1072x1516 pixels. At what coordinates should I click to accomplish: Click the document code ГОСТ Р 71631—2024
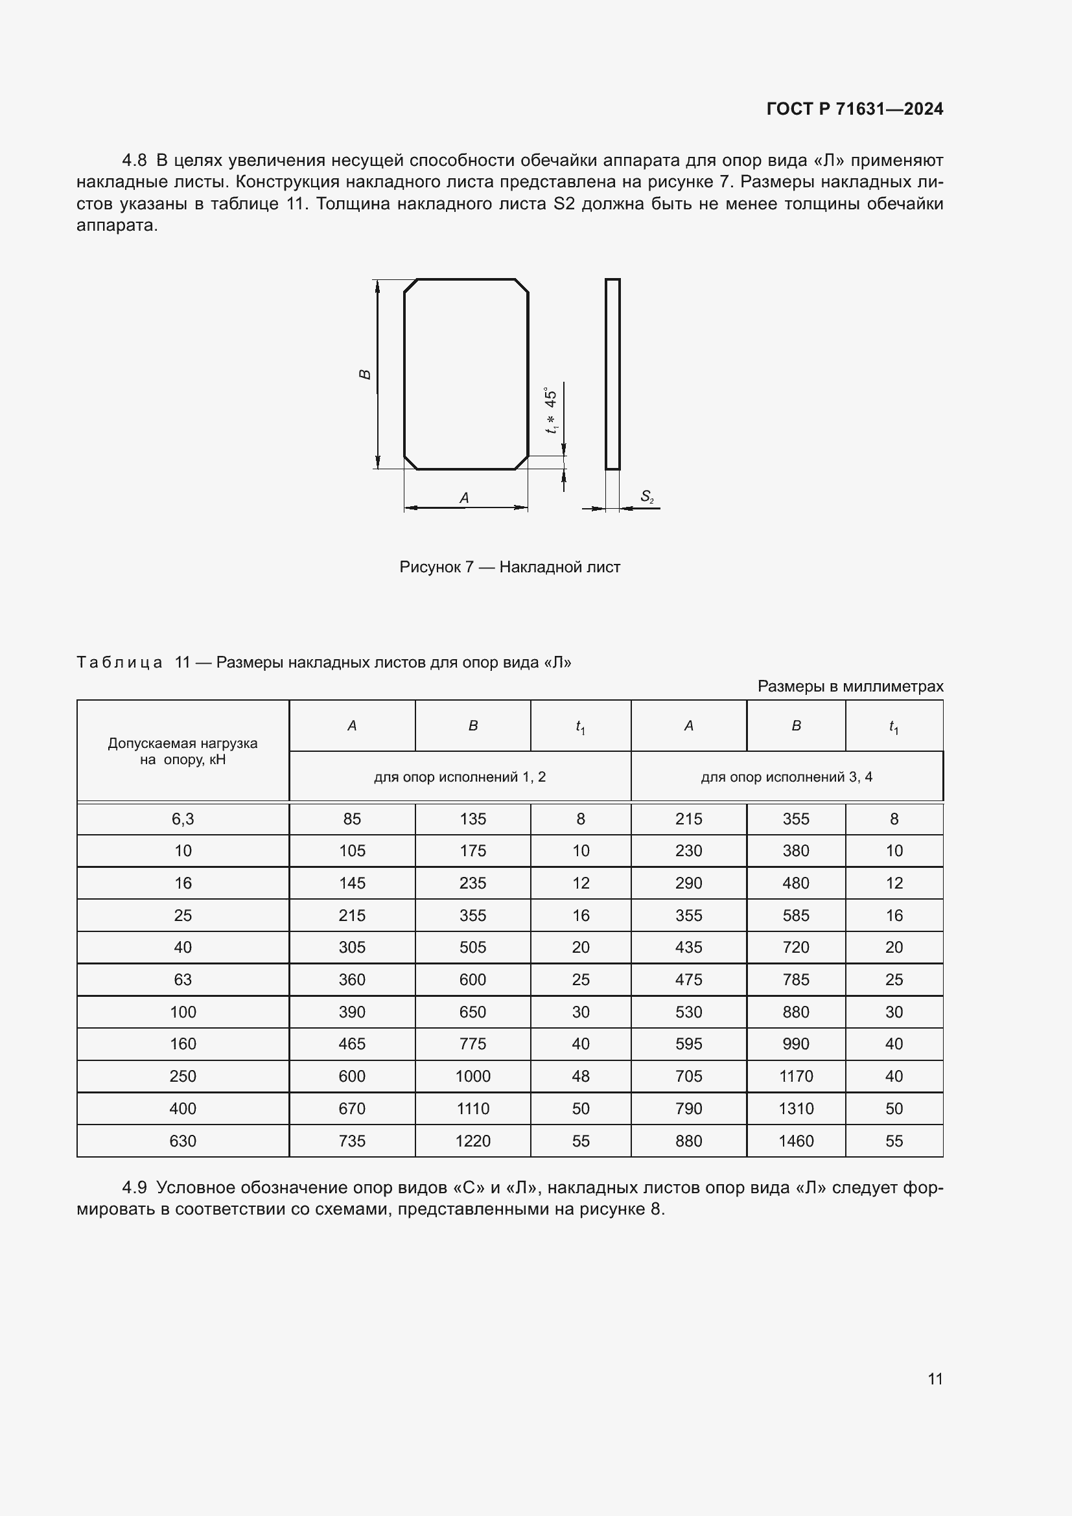click(x=854, y=109)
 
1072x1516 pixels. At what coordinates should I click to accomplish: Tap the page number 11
click(x=935, y=1379)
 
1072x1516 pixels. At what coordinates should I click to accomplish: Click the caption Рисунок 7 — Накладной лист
click(x=509, y=567)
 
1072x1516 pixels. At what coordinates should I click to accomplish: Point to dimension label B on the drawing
click(x=364, y=375)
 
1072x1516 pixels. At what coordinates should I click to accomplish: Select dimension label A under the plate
click(x=464, y=498)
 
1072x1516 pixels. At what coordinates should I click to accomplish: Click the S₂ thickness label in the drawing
click(x=646, y=496)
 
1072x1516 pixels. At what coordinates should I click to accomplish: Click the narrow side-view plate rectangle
click(x=612, y=375)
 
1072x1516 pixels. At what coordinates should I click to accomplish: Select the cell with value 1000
click(x=472, y=1077)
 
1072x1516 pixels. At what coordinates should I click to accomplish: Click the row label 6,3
click(x=183, y=819)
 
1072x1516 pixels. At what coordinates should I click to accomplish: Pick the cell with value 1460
click(x=795, y=1141)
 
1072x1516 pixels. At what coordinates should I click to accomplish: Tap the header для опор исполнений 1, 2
click(x=460, y=777)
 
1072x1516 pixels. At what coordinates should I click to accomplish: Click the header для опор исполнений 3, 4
click(x=786, y=777)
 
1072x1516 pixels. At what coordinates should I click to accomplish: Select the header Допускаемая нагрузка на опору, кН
click(x=183, y=751)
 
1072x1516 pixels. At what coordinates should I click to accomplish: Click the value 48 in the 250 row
click(x=580, y=1077)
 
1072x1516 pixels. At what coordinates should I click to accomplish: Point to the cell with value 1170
click(x=795, y=1077)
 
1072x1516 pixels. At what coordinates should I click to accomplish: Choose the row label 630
click(x=183, y=1141)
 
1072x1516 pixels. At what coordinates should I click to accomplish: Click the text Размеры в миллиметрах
click(x=850, y=686)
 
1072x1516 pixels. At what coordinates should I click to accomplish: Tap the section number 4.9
click(x=134, y=1188)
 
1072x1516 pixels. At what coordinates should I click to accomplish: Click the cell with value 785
click(x=795, y=980)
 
